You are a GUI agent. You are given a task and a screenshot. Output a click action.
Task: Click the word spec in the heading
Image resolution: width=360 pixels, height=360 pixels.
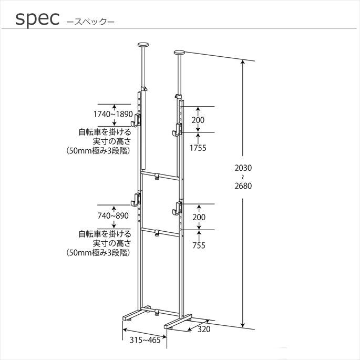[37, 19]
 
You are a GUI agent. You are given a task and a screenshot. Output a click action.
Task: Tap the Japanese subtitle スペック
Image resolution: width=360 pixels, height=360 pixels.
[90, 22]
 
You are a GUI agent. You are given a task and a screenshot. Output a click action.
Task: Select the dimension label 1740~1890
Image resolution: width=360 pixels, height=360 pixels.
[113, 114]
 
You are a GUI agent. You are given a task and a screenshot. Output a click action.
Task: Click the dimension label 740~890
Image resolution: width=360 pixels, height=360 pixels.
[113, 216]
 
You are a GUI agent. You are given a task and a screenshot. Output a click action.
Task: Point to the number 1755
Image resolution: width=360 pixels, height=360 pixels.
[198, 148]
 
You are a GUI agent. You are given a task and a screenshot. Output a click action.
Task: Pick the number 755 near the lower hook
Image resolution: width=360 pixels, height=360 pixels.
[199, 245]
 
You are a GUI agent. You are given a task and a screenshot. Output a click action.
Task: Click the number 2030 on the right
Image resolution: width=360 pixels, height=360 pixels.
[243, 168]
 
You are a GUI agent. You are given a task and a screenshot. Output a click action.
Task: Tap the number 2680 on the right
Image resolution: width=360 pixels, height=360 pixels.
[243, 186]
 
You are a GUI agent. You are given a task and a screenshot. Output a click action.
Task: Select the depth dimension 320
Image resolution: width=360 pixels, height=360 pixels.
[204, 329]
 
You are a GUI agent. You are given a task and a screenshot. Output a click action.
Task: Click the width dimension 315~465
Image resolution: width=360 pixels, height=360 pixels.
[145, 340]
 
